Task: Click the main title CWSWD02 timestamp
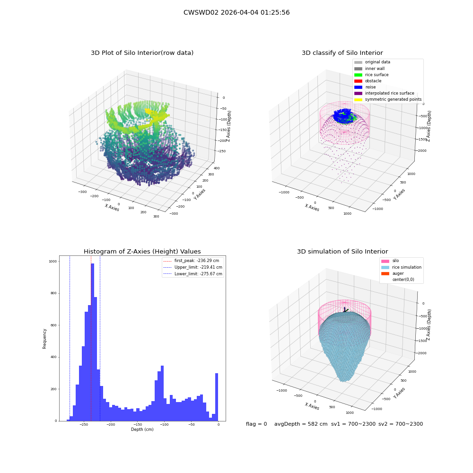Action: pyautogui.click(x=236, y=12)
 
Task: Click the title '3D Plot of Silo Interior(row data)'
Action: pyautogui.click(x=142, y=53)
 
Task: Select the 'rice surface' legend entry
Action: pyautogui.click(x=371, y=75)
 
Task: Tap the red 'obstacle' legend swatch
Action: pyautogui.click(x=358, y=81)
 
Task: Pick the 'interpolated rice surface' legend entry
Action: pyautogui.click(x=384, y=93)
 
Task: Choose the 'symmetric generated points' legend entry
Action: pyautogui.click(x=388, y=99)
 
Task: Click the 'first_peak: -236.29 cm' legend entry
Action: pyautogui.click(x=191, y=261)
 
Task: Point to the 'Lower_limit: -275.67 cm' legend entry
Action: pyautogui.click(x=193, y=274)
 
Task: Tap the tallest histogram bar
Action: pyautogui.click(x=92, y=342)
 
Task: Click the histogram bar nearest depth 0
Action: pyautogui.click(x=216, y=397)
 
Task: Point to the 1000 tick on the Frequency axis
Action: pyautogui.click(x=53, y=262)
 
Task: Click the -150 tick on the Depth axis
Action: pyautogui.click(x=137, y=424)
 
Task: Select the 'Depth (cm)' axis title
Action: pyautogui.click(x=142, y=429)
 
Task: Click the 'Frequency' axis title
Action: pyautogui.click(x=44, y=339)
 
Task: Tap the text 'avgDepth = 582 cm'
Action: pyautogui.click(x=301, y=424)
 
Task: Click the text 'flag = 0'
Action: pyautogui.click(x=256, y=424)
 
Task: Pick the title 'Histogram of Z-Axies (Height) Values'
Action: pyautogui.click(x=142, y=252)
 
